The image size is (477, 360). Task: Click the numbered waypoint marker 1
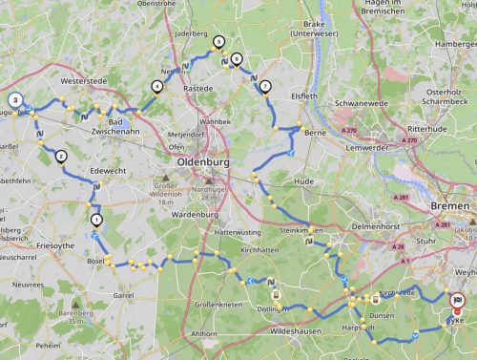tap(95, 220)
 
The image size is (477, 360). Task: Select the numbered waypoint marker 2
tap(61, 157)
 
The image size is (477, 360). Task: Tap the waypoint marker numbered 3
tap(15, 99)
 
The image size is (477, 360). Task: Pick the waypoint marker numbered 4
tap(156, 86)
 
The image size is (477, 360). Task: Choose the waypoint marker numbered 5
tap(218, 42)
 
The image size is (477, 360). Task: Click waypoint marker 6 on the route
tap(236, 58)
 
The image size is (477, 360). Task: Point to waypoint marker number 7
tap(264, 87)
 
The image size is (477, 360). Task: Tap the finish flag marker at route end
tap(458, 300)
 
